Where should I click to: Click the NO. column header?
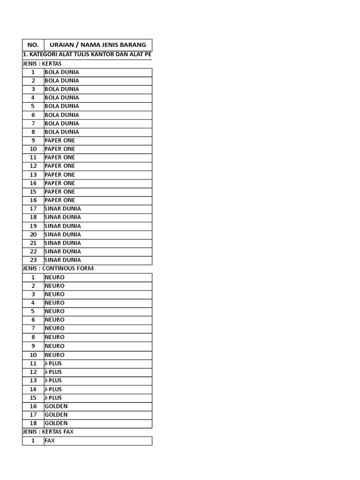33,45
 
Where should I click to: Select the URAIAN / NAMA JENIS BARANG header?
97,45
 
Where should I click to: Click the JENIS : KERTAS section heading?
42,64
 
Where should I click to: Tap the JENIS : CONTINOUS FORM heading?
58,269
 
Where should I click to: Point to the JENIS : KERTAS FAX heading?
48,432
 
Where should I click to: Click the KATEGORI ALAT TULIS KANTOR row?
87,55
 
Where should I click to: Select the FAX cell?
50,441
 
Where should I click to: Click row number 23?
33,260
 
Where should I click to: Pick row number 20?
33,234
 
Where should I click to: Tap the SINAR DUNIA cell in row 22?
62,252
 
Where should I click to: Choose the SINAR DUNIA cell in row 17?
62,209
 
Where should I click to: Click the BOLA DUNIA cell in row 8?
61,132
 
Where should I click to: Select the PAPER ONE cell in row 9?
60,141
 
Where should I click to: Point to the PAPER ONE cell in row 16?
60,200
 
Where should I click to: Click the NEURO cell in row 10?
54,355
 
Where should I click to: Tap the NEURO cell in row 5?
54,311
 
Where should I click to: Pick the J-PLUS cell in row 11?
53,363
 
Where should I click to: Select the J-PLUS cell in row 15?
53,397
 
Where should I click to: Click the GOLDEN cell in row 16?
56,406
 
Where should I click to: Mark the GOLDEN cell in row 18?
56,423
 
